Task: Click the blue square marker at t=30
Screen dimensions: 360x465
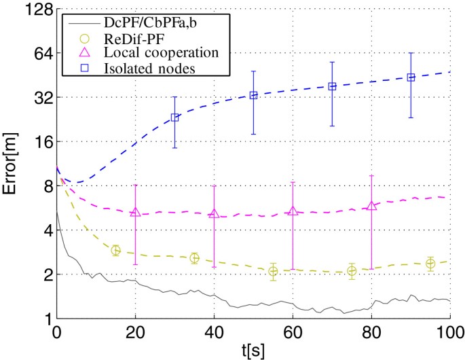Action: pos(174,118)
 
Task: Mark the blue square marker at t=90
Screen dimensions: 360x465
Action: pos(411,77)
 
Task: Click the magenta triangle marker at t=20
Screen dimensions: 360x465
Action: pos(135,212)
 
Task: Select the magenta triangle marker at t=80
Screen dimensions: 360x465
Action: pos(371,205)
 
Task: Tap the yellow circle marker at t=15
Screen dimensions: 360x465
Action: pos(115,251)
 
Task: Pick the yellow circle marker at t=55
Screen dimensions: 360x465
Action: pos(273,272)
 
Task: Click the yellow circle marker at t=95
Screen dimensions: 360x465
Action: pos(430,264)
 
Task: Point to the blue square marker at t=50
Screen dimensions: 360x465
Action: pos(253,95)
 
